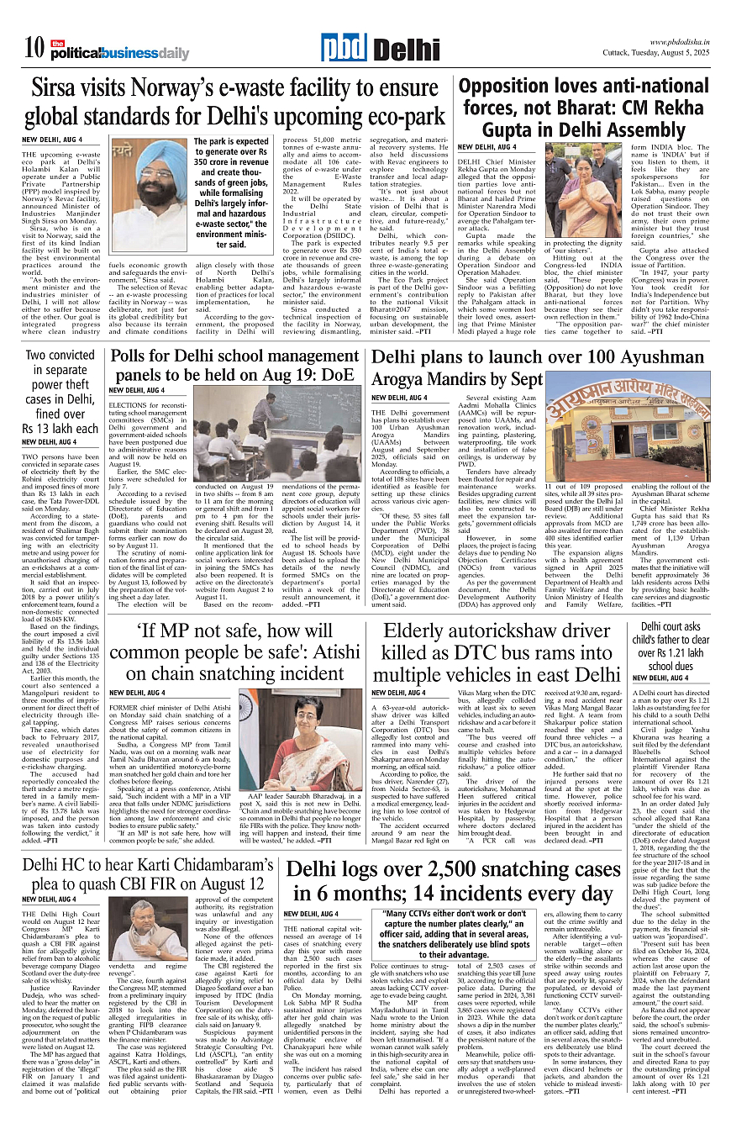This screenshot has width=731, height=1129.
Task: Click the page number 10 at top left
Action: pos(34,49)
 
